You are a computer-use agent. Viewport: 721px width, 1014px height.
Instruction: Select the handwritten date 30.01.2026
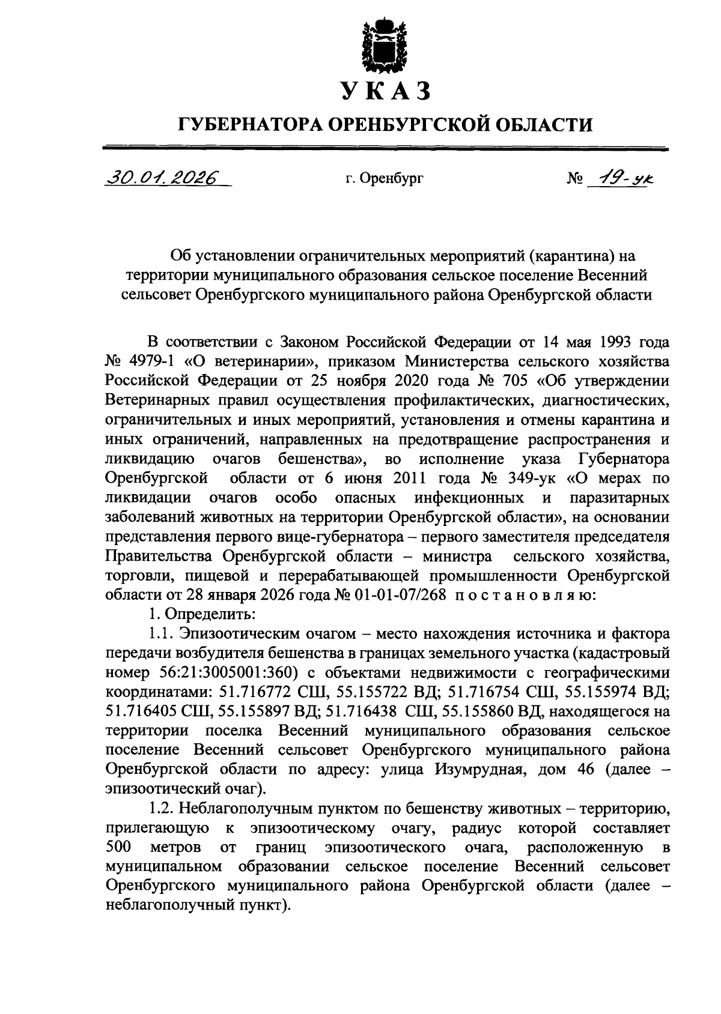(163, 177)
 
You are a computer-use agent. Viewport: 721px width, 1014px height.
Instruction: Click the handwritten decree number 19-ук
(621, 177)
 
